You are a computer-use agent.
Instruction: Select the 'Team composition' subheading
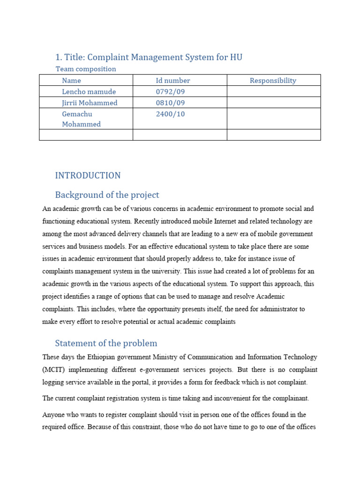pos(86,69)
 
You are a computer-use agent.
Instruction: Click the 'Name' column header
pos(71,81)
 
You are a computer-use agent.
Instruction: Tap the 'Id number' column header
pos(173,81)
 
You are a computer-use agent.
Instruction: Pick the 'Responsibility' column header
pos(273,81)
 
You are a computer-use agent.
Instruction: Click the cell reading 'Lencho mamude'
pos(89,92)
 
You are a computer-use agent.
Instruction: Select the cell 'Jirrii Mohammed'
pos(90,103)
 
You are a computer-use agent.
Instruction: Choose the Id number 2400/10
pos(170,114)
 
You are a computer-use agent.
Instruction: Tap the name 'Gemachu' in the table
pos(77,114)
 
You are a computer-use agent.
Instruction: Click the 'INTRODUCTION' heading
pos(88,175)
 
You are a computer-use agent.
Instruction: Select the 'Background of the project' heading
pos(107,195)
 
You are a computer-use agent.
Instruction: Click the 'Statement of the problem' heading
pos(106,343)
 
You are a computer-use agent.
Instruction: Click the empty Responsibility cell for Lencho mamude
pos(273,92)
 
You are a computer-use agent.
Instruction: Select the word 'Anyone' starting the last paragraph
pos(53,415)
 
